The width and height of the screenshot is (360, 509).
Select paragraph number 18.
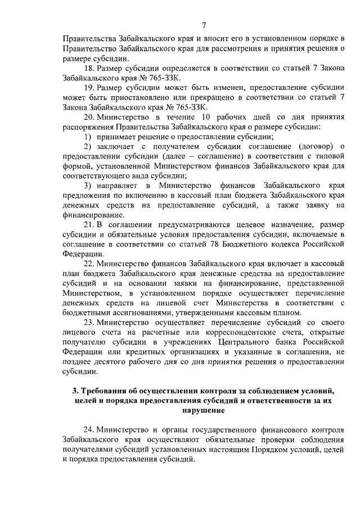pos(89,69)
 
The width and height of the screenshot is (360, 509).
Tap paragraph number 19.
pos(89,88)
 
